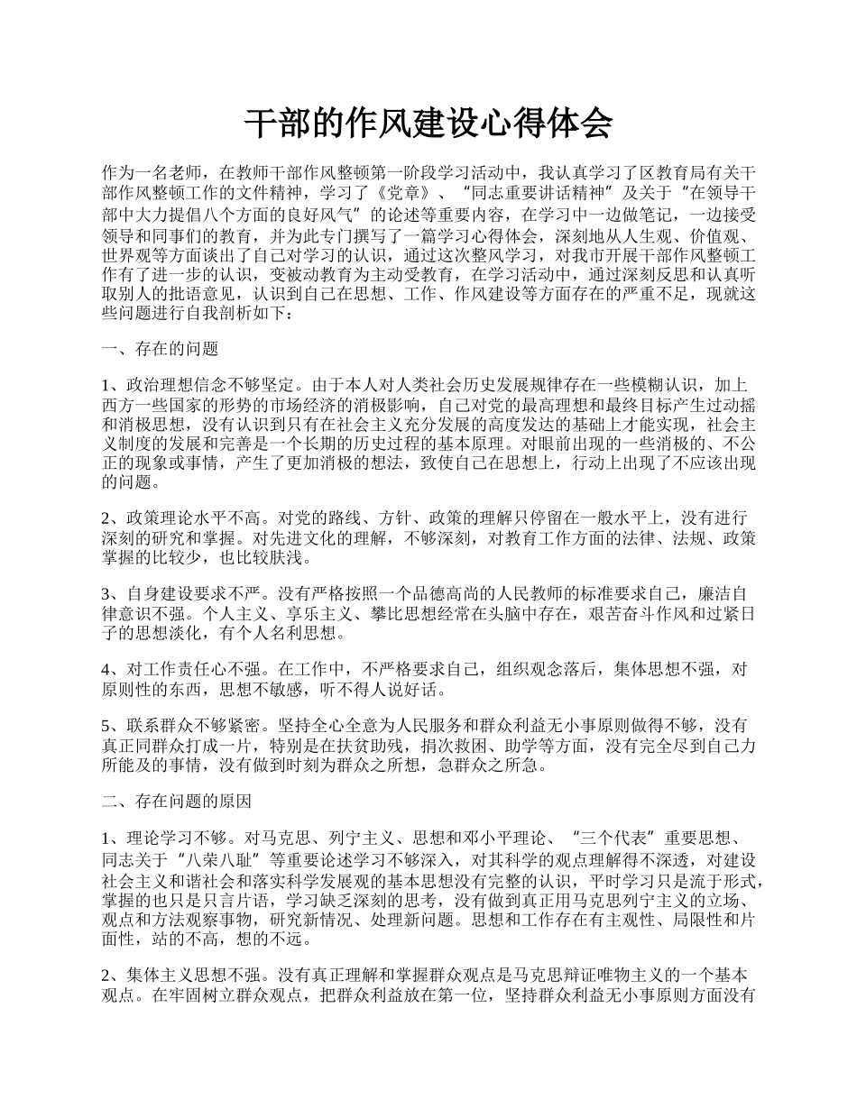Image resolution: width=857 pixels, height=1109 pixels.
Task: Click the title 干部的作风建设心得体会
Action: pos(428,124)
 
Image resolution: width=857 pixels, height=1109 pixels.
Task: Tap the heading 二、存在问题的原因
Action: pos(177,801)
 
